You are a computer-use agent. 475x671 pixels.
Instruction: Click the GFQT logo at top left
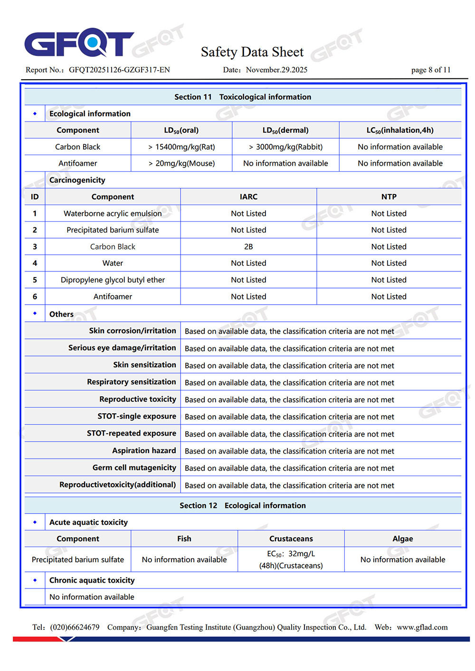click(x=79, y=43)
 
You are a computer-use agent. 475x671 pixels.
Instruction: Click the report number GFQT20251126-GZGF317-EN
click(x=119, y=70)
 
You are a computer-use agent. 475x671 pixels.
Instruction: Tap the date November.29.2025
click(x=276, y=70)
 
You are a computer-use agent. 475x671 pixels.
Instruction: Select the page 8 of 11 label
click(x=430, y=70)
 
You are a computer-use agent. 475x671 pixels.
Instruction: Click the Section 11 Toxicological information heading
click(x=243, y=97)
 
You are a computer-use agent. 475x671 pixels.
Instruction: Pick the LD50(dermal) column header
click(x=285, y=130)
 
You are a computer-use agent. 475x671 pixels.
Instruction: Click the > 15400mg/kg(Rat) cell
click(x=181, y=147)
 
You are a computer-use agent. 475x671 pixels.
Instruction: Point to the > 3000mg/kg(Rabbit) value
click(x=285, y=147)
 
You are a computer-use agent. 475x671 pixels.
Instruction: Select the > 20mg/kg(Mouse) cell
click(x=181, y=163)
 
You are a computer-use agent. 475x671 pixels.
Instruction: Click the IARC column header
click(x=248, y=196)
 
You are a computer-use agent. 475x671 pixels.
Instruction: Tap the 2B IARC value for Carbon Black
click(x=248, y=247)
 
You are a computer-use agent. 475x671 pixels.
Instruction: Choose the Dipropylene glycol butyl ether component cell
click(x=113, y=280)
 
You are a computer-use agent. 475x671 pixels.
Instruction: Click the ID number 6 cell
click(x=35, y=297)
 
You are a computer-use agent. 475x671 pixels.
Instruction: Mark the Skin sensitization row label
click(x=144, y=365)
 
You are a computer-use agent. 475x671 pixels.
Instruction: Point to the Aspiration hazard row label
click(x=144, y=450)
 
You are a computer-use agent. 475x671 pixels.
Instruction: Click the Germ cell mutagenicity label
click(x=134, y=467)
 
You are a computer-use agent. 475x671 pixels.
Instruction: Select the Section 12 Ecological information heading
click(x=243, y=505)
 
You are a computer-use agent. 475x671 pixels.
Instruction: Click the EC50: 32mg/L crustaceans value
click(x=291, y=554)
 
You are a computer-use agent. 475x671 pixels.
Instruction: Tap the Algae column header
click(x=402, y=539)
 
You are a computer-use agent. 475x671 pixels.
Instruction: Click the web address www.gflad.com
click(x=422, y=627)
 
